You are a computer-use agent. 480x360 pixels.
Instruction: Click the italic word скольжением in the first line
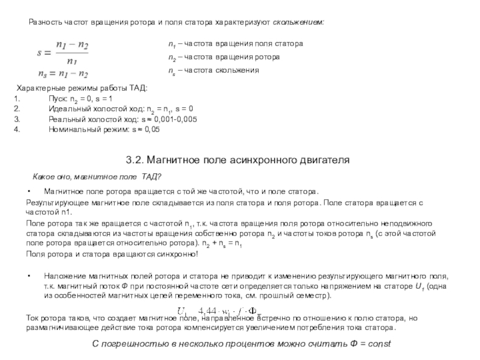299,22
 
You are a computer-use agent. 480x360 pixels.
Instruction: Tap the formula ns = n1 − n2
62,74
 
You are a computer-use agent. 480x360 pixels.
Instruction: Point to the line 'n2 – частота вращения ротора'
223,57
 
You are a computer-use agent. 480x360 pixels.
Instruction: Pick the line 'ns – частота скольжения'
213,70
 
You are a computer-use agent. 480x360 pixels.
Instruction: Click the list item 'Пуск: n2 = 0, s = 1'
80,98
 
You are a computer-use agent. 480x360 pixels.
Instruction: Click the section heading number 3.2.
134,160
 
